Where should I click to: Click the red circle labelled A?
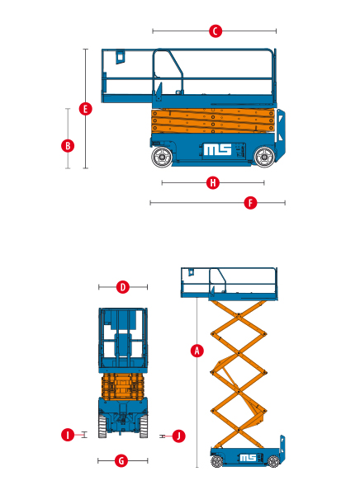197,351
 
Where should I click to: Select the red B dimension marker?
68,146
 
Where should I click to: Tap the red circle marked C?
216,31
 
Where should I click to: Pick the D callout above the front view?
123,287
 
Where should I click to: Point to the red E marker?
85,109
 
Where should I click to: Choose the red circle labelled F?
250,203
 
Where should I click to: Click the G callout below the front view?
121,461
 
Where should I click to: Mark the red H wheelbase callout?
213,183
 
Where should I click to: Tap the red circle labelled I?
68,435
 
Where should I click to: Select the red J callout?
179,436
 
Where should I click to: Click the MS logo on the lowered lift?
217,149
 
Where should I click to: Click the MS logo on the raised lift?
248,458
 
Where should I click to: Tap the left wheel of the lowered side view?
162,157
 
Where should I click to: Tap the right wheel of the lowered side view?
264,157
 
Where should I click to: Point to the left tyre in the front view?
102,427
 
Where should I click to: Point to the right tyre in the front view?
144,427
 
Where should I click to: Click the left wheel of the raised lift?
217,461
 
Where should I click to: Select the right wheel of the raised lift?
273,461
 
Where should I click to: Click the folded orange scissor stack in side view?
213,121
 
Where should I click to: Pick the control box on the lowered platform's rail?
120,57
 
